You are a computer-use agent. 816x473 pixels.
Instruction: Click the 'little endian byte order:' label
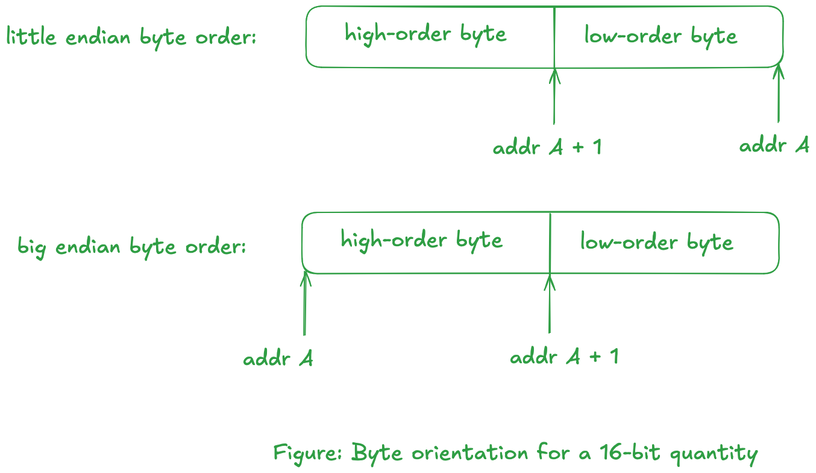click(131, 37)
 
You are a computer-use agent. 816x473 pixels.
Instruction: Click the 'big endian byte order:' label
click(131, 246)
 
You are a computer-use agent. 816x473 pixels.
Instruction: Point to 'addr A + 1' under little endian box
click(547, 147)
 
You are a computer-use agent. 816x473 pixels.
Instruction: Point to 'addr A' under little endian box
click(774, 145)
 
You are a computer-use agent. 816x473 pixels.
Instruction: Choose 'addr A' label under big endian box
click(278, 359)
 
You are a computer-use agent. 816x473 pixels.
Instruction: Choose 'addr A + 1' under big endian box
click(564, 357)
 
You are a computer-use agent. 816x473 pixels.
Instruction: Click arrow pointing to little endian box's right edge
click(779, 94)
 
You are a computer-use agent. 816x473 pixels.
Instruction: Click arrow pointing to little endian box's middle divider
click(554, 97)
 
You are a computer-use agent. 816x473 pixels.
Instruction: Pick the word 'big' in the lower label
click(31, 247)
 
